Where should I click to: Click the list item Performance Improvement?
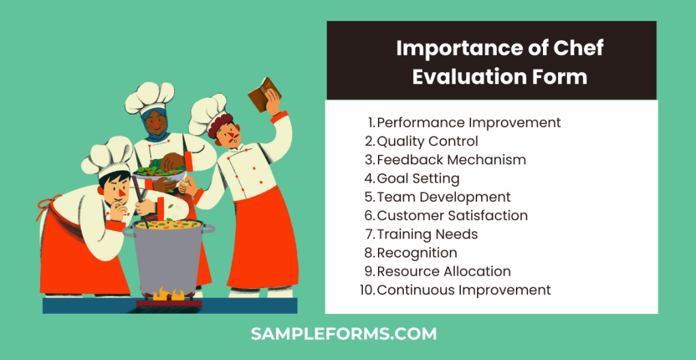tap(468, 123)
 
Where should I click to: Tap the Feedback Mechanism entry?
tap(451, 160)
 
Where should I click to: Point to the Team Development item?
tap(443, 197)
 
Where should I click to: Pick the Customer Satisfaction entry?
tap(452, 216)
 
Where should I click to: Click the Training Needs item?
tap(427, 234)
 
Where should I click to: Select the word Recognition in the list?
tap(417, 253)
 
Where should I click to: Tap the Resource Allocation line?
tap(444, 272)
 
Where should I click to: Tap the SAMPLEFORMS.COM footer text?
tap(343, 334)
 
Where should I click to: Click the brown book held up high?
tap(264, 96)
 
